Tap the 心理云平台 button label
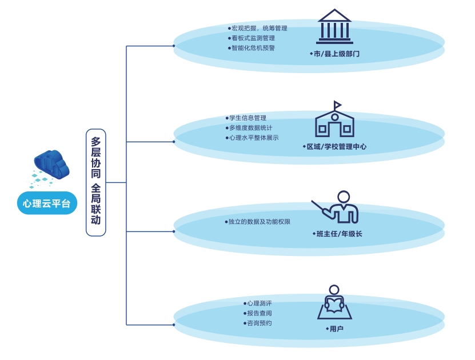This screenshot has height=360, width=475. pyautogui.click(x=47, y=203)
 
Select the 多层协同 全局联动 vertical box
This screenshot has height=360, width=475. pyautogui.click(x=95, y=182)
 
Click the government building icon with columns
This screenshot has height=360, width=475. pyautogui.click(x=334, y=27)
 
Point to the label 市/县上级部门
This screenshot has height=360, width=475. pyautogui.click(x=336, y=54)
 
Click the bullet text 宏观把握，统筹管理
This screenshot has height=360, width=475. pyautogui.click(x=258, y=28)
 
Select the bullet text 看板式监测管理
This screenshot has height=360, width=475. pyautogui.click(x=253, y=38)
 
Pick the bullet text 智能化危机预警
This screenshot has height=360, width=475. pyautogui.click(x=253, y=48)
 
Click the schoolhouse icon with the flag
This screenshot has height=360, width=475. pyautogui.click(x=334, y=120)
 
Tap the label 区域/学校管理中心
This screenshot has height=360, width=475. pyautogui.click(x=336, y=147)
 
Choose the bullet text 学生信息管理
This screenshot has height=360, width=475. pyautogui.click(x=247, y=118)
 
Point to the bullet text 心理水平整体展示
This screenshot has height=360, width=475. pyautogui.click(x=253, y=138)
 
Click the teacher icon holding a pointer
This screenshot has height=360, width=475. pyautogui.click(x=338, y=207)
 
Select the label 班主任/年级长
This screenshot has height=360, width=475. pyautogui.click(x=338, y=234)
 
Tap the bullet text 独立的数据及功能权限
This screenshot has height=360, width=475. pyautogui.click(x=258, y=222)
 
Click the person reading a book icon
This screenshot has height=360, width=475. pyautogui.click(x=334, y=302)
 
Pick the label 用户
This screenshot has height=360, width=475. pyautogui.click(x=336, y=329)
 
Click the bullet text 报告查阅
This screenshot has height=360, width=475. pyautogui.click(x=258, y=313)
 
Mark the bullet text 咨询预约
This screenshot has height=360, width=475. pyautogui.click(x=258, y=323)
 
